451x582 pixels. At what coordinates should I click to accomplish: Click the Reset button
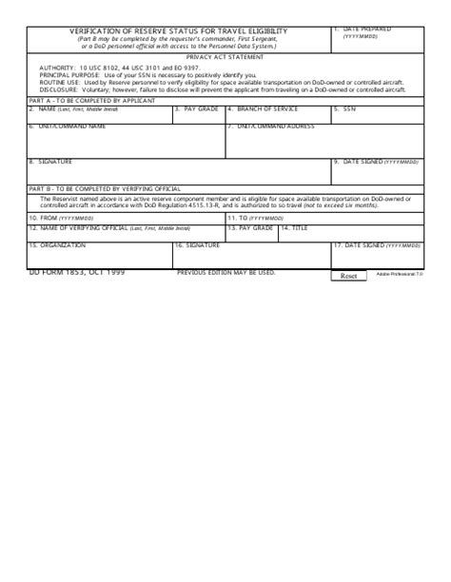point(348,276)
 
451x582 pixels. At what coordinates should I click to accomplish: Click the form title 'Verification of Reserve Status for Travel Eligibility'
point(178,32)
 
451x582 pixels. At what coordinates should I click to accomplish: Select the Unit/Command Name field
point(126,144)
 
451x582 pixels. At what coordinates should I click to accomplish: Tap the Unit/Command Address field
point(324,144)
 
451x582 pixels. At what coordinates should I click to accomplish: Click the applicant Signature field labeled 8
point(178,174)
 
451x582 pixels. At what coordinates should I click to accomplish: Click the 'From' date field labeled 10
point(126,220)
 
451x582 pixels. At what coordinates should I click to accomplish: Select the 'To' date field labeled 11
point(324,220)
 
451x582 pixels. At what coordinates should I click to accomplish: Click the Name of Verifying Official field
point(126,234)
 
